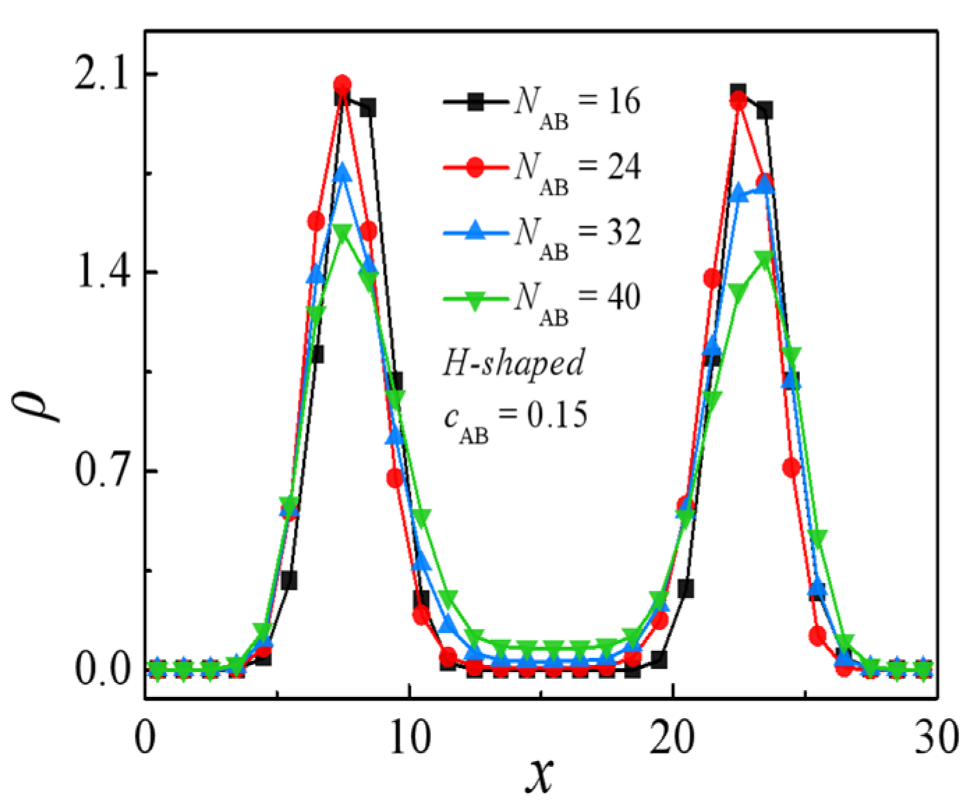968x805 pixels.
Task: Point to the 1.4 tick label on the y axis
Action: click(103, 272)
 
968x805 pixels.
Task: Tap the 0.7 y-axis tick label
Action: click(103, 471)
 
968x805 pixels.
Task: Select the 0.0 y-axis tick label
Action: click(103, 669)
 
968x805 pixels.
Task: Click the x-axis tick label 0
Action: click(145, 737)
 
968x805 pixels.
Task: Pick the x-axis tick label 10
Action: click(409, 737)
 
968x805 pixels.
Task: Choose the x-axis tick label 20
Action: click(673, 737)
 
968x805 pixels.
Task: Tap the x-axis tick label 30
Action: click(936, 737)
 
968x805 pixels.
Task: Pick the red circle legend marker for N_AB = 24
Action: click(475, 168)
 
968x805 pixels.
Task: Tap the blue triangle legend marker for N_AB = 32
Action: click(475, 231)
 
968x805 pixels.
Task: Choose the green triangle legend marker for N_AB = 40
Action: click(475, 299)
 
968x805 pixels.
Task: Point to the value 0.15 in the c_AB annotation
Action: click(557, 415)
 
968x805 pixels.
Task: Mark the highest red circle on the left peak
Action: click(342, 85)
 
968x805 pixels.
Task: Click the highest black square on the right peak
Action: click(739, 92)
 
